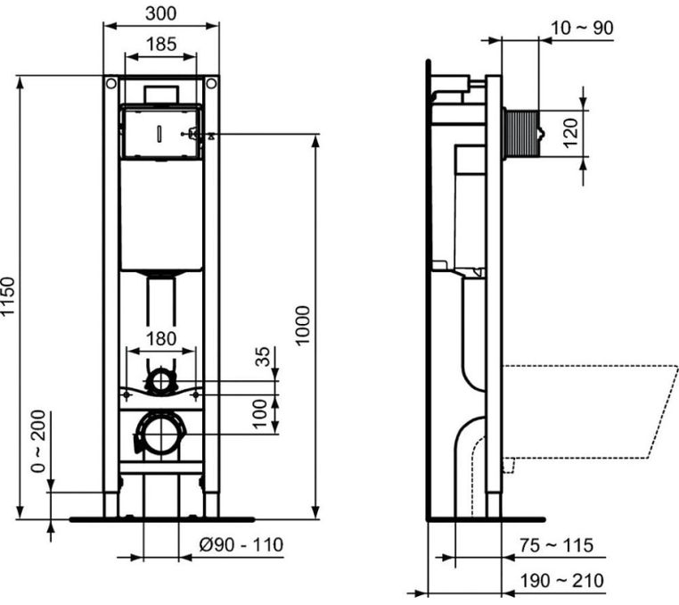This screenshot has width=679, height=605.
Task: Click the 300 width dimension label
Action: click(160, 13)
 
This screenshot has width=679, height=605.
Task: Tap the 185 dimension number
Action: click(161, 45)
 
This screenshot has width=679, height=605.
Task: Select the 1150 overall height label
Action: click(8, 296)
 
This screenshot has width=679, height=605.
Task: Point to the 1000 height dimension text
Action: click(303, 326)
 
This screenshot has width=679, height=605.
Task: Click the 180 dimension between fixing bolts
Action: click(161, 339)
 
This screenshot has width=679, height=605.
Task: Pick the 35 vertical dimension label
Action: click(262, 357)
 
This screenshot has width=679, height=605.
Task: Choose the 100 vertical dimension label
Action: click(260, 414)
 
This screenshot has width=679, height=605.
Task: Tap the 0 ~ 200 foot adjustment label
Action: click(38, 441)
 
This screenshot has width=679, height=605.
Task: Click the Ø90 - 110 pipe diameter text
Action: click(241, 544)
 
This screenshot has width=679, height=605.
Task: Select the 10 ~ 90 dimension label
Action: click(582, 29)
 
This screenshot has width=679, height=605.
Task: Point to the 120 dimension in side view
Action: click(571, 133)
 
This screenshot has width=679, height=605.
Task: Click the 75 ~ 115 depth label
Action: click(556, 545)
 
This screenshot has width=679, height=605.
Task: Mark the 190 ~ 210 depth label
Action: click(561, 580)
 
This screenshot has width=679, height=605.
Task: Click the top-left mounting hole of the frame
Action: click(111, 83)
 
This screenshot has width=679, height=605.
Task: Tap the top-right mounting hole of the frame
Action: click(211, 83)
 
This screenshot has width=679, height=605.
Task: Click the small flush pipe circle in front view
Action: click(161, 382)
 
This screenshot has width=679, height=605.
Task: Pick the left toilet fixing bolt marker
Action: click(127, 395)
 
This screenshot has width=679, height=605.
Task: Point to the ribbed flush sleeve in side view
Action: click(521, 133)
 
